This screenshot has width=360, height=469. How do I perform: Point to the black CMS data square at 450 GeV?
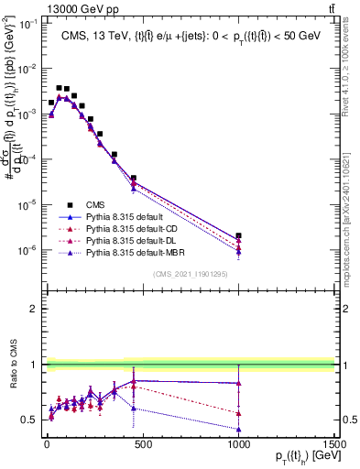tap(134, 178)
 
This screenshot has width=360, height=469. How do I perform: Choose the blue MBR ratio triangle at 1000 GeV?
tap(238, 429)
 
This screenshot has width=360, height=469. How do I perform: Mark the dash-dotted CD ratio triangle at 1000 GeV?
tap(238, 412)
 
